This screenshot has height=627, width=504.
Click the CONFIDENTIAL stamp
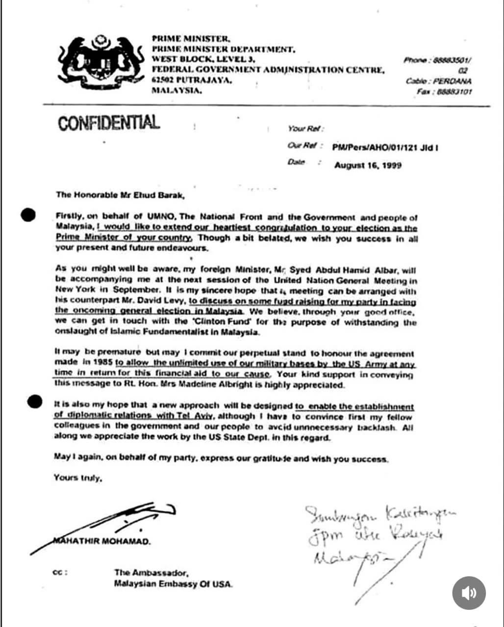pyautogui.click(x=108, y=122)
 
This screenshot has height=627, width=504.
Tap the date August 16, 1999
pyautogui.click(x=368, y=165)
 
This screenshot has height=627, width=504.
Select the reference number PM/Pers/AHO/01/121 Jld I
pyautogui.click(x=385, y=146)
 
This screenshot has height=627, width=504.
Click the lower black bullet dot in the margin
pyautogui.click(x=35, y=402)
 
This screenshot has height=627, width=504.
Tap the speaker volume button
pyautogui.click(x=469, y=593)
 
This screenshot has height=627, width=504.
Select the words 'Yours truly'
pyautogui.click(x=78, y=478)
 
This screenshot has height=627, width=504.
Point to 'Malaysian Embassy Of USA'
pyautogui.click(x=174, y=584)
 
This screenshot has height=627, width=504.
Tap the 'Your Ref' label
pyautogui.click(x=304, y=128)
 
